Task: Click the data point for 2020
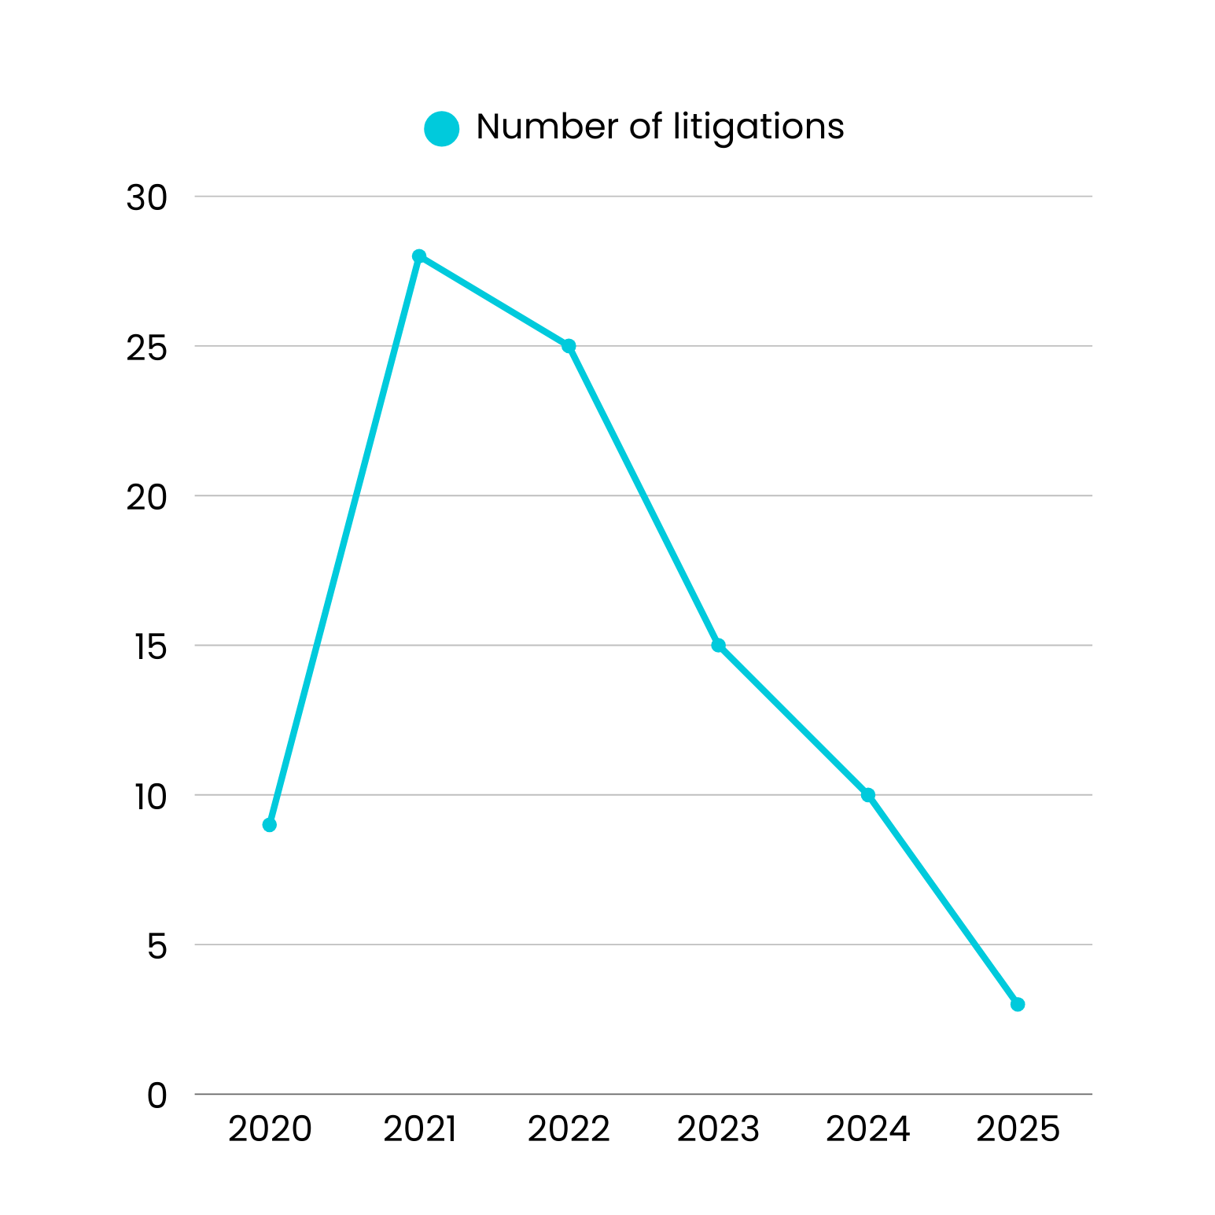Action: click(x=270, y=825)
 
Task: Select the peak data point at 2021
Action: click(x=419, y=256)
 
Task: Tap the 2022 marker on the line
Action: click(x=569, y=346)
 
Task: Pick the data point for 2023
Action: click(x=718, y=645)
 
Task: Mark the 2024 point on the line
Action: click(x=868, y=795)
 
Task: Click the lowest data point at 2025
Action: click(x=1018, y=1004)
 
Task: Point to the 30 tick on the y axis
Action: click(x=147, y=198)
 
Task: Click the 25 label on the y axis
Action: click(x=147, y=348)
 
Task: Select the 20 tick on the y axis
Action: click(x=147, y=497)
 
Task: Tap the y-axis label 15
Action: click(x=150, y=647)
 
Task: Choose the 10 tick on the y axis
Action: click(x=150, y=797)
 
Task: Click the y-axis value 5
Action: click(x=157, y=946)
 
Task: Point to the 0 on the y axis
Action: click(x=157, y=1095)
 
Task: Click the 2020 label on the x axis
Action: click(x=270, y=1129)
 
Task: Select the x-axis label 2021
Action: click(x=419, y=1129)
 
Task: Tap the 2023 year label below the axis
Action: click(x=718, y=1129)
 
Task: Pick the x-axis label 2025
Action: click(x=1018, y=1129)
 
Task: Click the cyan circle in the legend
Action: click(x=442, y=128)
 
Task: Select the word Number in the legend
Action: click(x=547, y=127)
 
